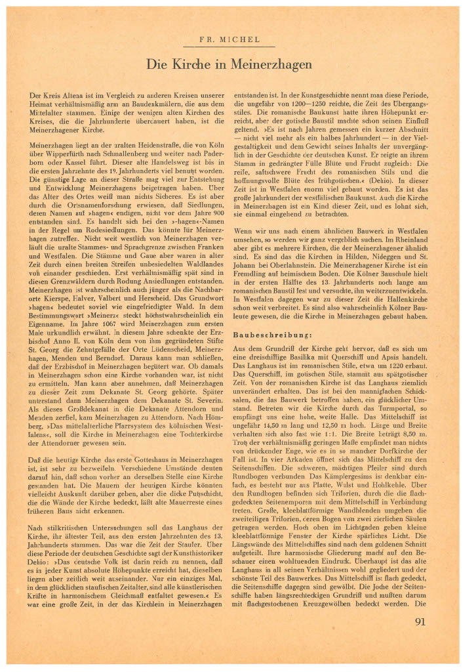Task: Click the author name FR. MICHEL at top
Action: [x=237, y=39]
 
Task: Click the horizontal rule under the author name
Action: [x=237, y=47]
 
